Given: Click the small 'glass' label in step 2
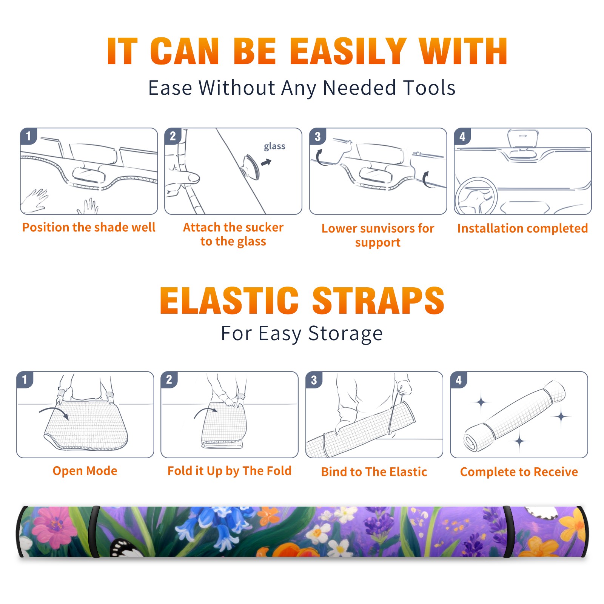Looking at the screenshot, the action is (274, 146).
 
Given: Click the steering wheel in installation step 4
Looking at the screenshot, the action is (476, 196).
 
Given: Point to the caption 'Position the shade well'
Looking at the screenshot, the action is (89, 227).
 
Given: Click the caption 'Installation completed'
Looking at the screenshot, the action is (522, 228).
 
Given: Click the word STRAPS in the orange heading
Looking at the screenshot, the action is (378, 300).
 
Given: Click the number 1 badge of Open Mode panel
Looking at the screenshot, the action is (25, 379).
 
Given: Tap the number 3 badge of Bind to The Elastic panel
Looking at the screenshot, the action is (314, 380).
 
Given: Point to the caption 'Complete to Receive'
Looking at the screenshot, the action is (519, 472).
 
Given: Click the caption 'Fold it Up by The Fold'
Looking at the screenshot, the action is (230, 471).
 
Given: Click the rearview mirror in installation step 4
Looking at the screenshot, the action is (523, 139).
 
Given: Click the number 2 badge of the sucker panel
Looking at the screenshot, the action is (173, 136).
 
